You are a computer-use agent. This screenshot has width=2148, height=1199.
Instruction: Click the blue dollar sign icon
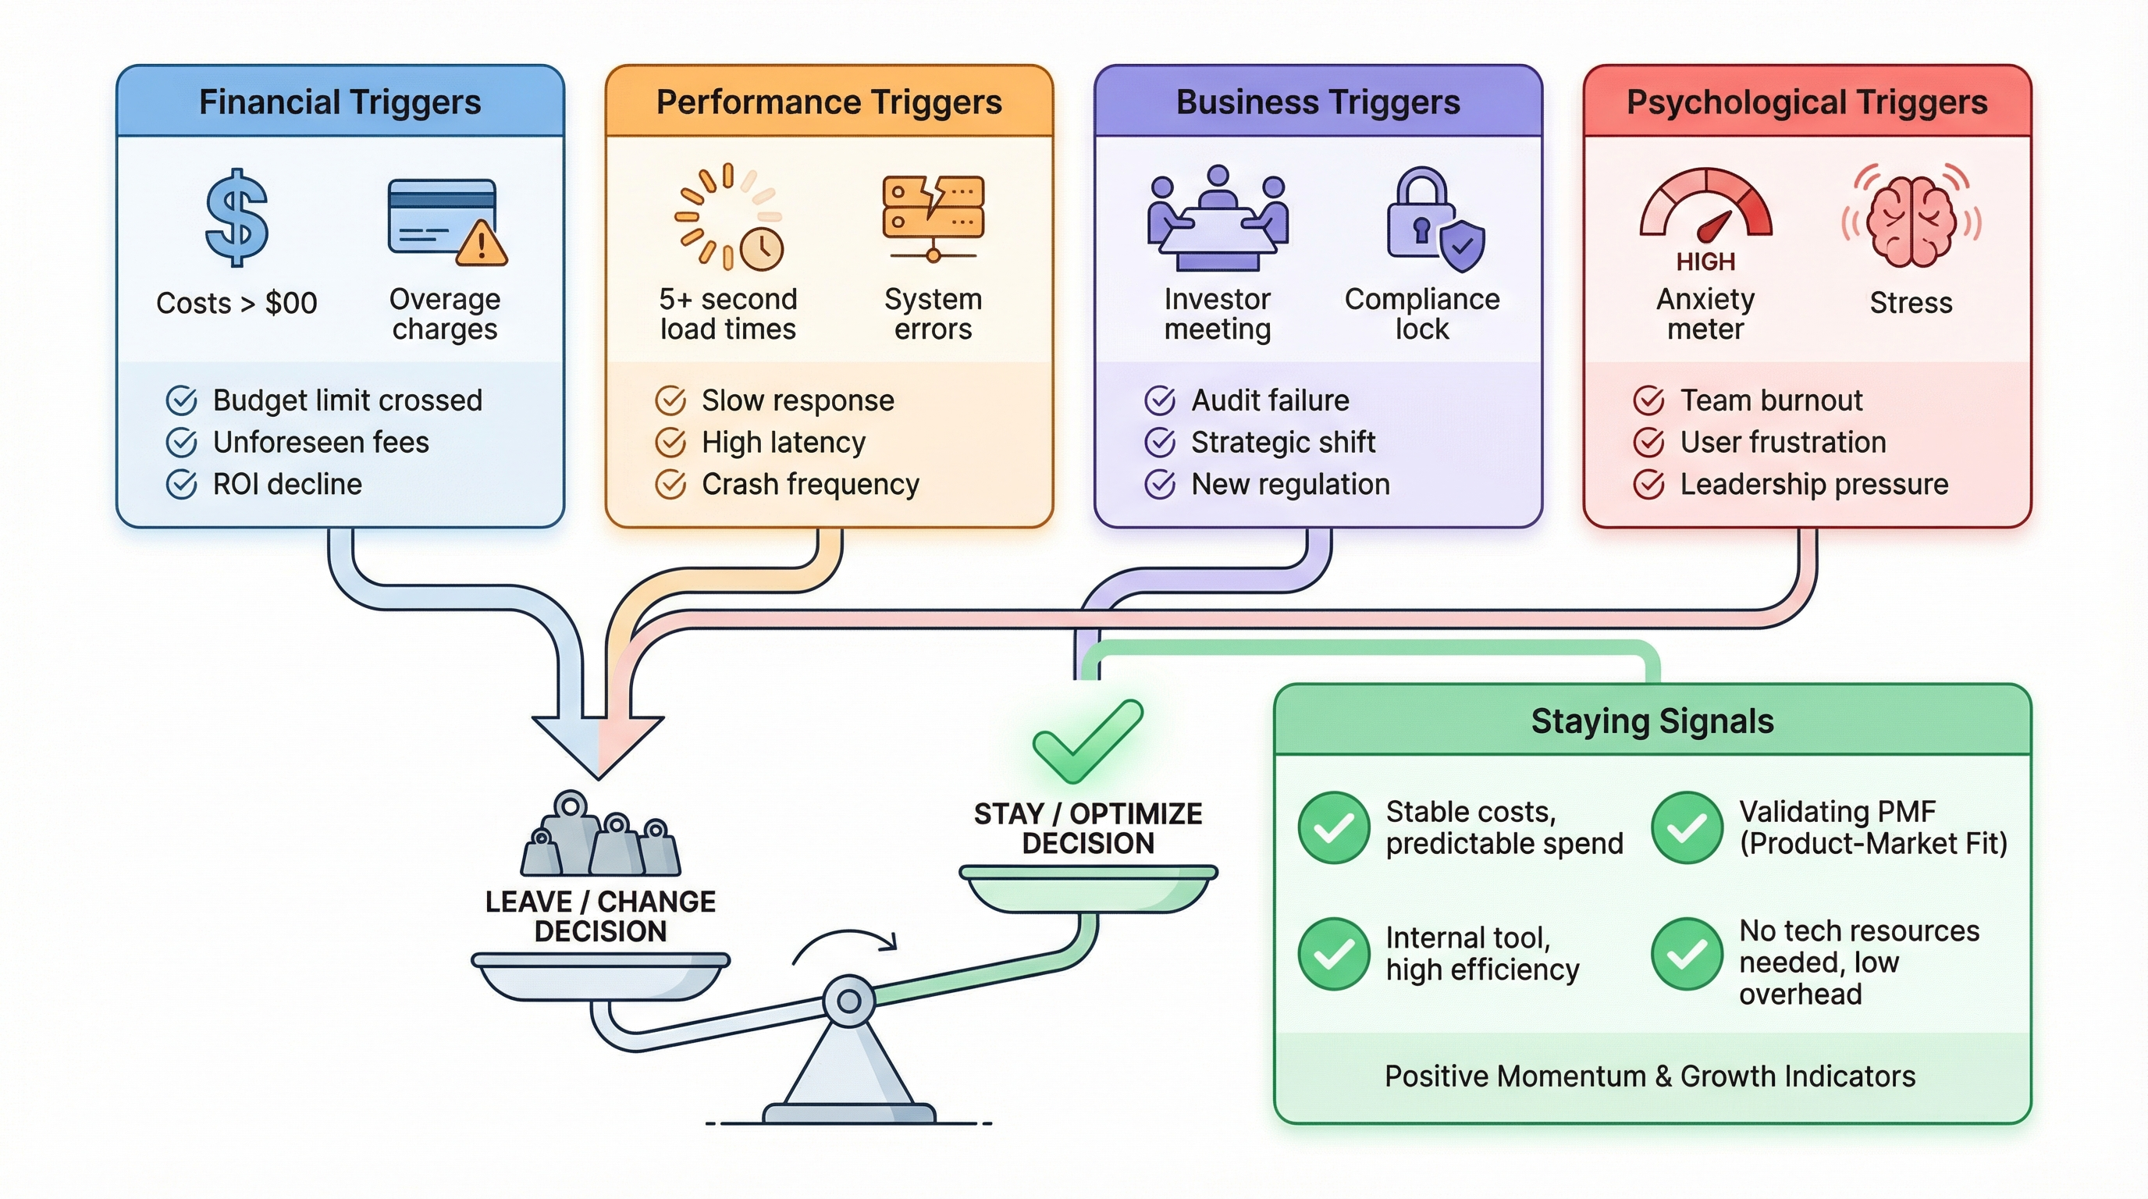(x=236, y=219)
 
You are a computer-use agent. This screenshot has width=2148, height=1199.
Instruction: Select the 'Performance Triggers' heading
(x=829, y=102)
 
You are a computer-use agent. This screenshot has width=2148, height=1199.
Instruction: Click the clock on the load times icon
(x=761, y=247)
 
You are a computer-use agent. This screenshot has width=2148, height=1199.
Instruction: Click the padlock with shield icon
(x=1432, y=220)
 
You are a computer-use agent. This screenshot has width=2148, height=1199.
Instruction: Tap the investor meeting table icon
(x=1218, y=220)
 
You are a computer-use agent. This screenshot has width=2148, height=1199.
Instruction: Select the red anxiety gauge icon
(x=1706, y=208)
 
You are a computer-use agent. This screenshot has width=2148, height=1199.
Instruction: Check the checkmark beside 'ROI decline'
(x=181, y=485)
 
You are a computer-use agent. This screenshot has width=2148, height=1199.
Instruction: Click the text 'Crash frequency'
(x=809, y=485)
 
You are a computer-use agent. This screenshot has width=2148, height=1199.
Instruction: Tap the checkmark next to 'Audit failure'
(x=1159, y=401)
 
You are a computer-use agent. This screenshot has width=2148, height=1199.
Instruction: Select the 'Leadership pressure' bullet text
(x=1814, y=485)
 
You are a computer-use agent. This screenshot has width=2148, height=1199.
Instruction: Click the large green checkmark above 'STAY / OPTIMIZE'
(x=1086, y=741)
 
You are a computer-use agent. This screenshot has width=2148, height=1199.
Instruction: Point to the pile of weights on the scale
(x=600, y=837)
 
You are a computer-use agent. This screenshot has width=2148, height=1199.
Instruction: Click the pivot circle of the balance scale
(x=849, y=1001)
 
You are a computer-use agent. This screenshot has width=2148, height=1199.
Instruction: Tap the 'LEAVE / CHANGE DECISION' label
(x=600, y=916)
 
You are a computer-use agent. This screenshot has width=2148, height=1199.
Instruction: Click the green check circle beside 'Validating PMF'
(x=1687, y=827)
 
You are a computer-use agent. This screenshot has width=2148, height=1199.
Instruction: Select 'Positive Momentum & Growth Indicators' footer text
(x=1649, y=1076)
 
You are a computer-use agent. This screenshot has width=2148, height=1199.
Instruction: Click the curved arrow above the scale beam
(x=844, y=944)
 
